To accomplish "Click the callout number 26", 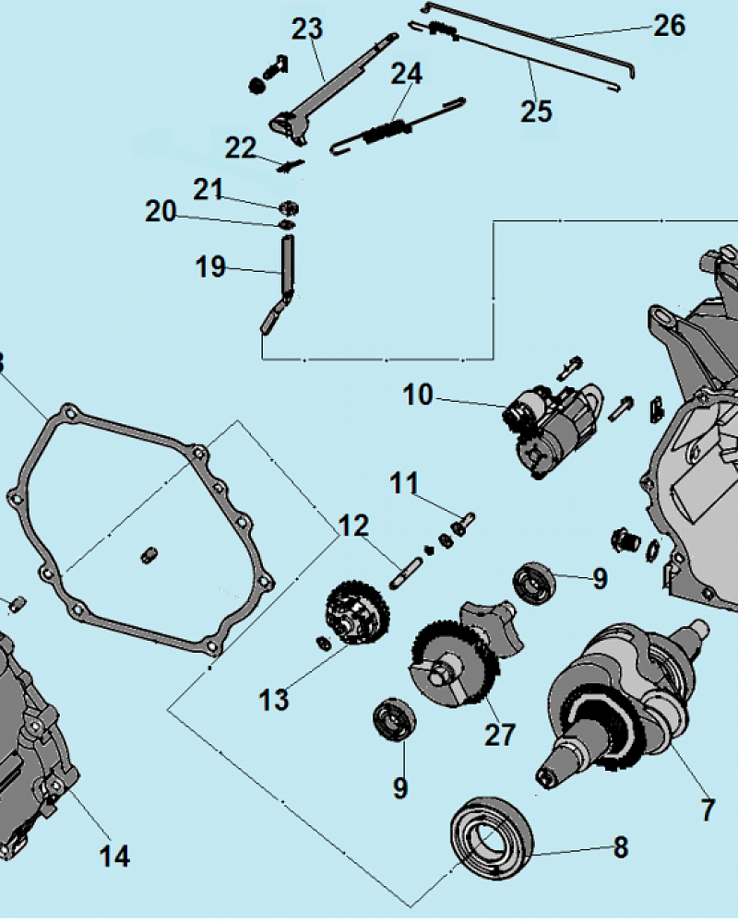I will coord(671,26).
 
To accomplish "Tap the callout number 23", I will coord(307,30).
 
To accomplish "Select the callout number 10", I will coord(418,396).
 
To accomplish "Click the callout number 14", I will coord(114,856).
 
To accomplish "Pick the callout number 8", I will coord(620,846).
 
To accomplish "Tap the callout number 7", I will coord(708,810).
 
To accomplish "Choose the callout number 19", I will coord(210,267).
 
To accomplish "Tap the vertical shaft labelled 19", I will coord(287,263).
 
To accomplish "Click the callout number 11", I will coord(403,483).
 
